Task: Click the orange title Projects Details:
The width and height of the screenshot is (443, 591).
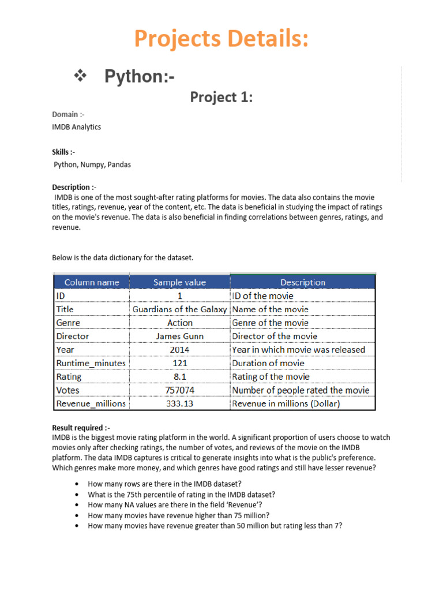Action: (x=221, y=39)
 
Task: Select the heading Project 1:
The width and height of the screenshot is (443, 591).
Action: (x=221, y=98)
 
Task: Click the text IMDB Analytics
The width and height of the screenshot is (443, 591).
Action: (x=76, y=127)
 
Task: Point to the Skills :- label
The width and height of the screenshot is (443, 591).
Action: (x=63, y=152)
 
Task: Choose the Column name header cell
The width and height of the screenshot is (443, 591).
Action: (x=92, y=282)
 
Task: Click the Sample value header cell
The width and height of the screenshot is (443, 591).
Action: (x=179, y=282)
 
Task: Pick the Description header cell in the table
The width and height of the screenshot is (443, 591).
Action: (x=302, y=282)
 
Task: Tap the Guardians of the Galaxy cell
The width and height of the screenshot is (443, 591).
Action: (x=179, y=309)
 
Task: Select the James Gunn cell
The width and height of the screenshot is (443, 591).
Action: (x=179, y=336)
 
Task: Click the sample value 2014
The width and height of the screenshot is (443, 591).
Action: (x=179, y=350)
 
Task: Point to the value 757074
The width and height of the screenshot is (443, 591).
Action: (x=179, y=390)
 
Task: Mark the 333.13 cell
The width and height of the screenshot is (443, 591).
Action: (x=179, y=403)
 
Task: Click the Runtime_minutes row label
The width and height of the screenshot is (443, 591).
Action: (x=91, y=363)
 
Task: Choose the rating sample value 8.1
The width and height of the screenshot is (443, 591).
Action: (x=179, y=377)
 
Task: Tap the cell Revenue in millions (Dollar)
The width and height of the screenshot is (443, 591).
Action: (x=286, y=403)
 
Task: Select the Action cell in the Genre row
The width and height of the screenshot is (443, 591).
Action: (x=179, y=323)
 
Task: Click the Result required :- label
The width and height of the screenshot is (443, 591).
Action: (x=81, y=428)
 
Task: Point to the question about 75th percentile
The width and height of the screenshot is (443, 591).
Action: (x=181, y=495)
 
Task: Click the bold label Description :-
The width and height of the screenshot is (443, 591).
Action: (x=74, y=188)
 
